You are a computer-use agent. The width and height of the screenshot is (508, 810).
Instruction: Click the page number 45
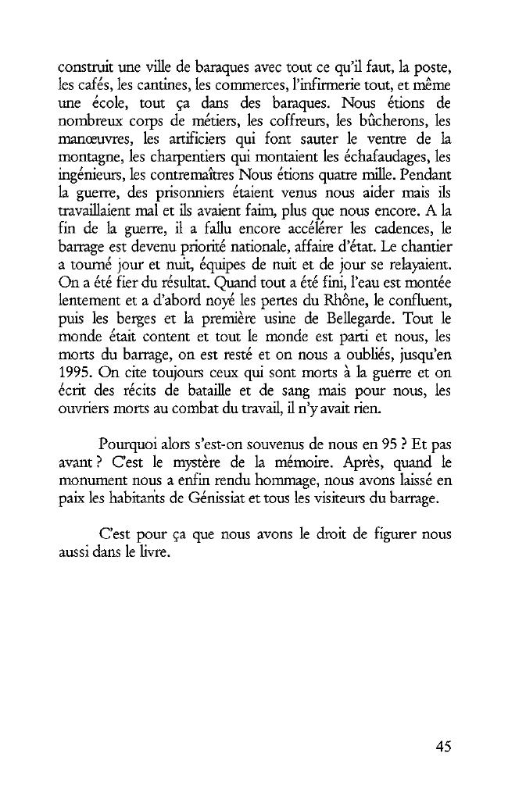point(443,746)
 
